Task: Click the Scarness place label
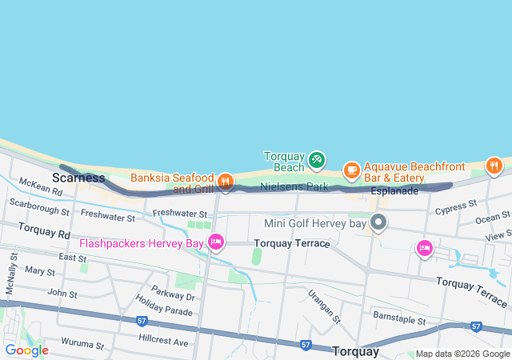[78, 177]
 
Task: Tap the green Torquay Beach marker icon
[316, 160]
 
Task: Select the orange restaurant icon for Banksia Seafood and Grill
[226, 182]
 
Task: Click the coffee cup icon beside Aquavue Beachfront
[351, 170]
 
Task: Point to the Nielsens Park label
[294, 186]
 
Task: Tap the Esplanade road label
[394, 191]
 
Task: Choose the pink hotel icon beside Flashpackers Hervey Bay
[215, 241]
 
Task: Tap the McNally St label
[10, 273]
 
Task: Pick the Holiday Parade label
[164, 304]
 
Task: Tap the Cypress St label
[456, 208]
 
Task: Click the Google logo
[26, 350]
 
